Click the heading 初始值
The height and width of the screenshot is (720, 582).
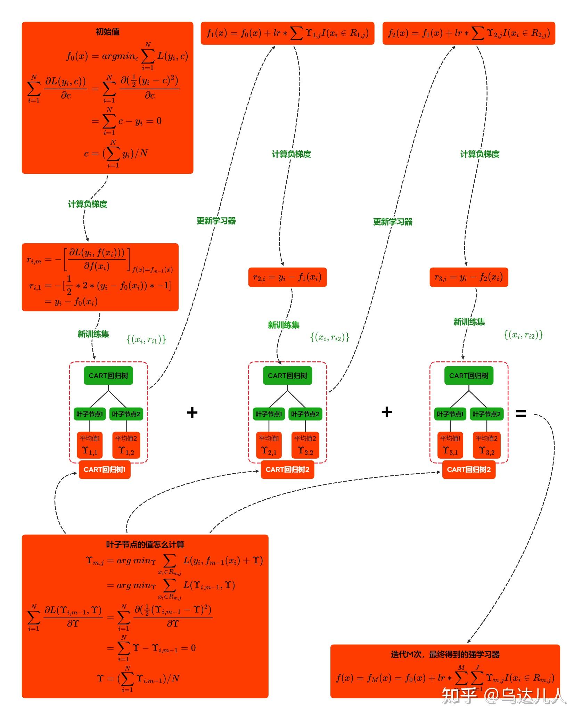(x=108, y=32)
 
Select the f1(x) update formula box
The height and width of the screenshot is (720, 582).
(x=287, y=33)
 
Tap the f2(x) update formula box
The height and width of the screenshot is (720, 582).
(x=469, y=33)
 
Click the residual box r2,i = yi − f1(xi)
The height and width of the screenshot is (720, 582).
(x=287, y=277)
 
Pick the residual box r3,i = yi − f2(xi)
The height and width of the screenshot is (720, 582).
(x=469, y=277)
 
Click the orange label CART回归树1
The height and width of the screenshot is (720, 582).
(x=105, y=469)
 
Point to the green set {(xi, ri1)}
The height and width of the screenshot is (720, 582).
(x=146, y=339)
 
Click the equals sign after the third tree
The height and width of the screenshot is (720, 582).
(x=520, y=413)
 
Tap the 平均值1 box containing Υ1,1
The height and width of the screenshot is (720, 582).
(x=90, y=445)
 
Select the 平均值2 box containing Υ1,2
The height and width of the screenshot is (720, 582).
(x=126, y=445)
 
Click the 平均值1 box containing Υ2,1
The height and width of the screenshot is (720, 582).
(x=269, y=445)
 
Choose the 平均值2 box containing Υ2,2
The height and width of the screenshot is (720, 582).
(x=305, y=445)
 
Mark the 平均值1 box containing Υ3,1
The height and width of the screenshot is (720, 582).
(x=450, y=445)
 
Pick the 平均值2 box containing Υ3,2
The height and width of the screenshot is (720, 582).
(x=487, y=445)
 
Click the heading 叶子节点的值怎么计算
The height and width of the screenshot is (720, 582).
(x=145, y=545)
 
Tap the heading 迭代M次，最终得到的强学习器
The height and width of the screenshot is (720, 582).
(x=445, y=655)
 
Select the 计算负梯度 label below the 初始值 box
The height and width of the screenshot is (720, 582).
(x=88, y=204)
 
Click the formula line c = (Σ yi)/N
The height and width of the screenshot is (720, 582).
(x=116, y=154)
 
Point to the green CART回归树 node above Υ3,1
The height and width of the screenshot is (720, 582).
(x=469, y=376)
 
